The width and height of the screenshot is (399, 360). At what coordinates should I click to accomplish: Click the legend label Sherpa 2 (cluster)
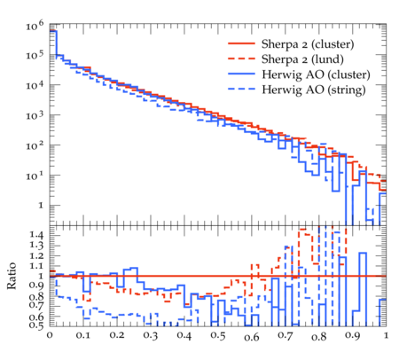pyautogui.click(x=308, y=44)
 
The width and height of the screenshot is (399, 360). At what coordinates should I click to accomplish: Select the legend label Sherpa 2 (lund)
pyautogui.click(x=302, y=59)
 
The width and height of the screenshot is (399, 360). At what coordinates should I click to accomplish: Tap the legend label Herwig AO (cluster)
pyautogui.click(x=316, y=74)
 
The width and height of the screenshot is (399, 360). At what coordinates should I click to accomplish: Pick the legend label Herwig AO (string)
pyautogui.click(x=313, y=90)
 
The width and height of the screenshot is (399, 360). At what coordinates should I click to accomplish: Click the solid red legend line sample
pyautogui.click(x=241, y=43)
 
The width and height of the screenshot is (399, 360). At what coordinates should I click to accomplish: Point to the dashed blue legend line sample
pyautogui.click(x=241, y=89)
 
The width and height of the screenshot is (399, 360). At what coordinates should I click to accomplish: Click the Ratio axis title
pyautogui.click(x=12, y=276)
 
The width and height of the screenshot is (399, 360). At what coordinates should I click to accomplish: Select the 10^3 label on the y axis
pyautogui.click(x=35, y=114)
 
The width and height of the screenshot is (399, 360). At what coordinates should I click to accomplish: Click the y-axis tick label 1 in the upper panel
pyautogui.click(x=41, y=205)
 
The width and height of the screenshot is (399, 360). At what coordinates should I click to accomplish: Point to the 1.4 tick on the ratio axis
pyautogui.click(x=36, y=235)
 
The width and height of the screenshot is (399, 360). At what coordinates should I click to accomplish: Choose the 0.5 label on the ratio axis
pyautogui.click(x=36, y=325)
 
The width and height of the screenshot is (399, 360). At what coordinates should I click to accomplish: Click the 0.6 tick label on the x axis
pyautogui.click(x=252, y=337)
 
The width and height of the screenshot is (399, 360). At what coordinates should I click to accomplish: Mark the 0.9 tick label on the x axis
pyautogui.click(x=353, y=336)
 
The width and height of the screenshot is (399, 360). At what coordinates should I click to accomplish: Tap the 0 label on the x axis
pyautogui.click(x=50, y=335)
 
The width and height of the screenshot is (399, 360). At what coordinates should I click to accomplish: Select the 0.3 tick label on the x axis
pyautogui.click(x=151, y=336)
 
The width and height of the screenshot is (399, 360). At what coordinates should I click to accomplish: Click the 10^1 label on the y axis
pyautogui.click(x=35, y=175)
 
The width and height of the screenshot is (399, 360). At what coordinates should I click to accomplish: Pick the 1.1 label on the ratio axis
pyautogui.click(x=36, y=266)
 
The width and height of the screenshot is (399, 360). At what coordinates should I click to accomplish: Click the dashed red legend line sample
pyautogui.click(x=241, y=59)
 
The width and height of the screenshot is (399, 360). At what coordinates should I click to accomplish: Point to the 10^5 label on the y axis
pyautogui.click(x=35, y=55)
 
